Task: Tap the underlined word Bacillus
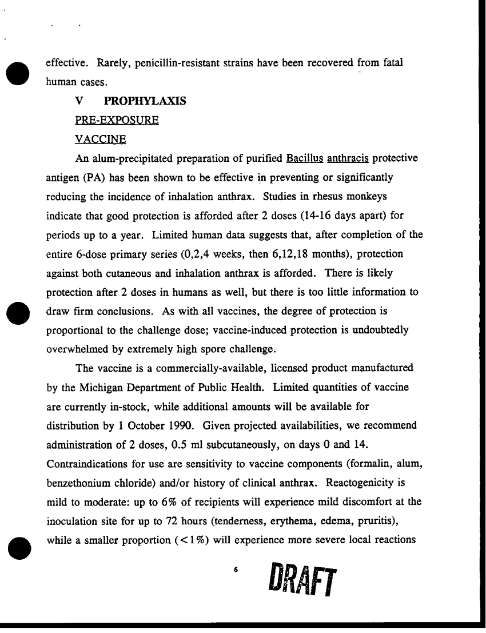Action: pos(306,158)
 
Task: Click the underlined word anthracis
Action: pos(348,158)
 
